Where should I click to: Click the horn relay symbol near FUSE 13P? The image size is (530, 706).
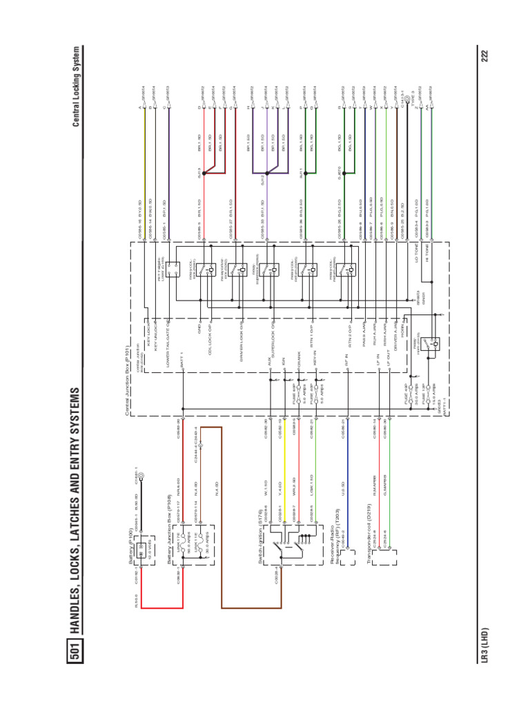(433, 342)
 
